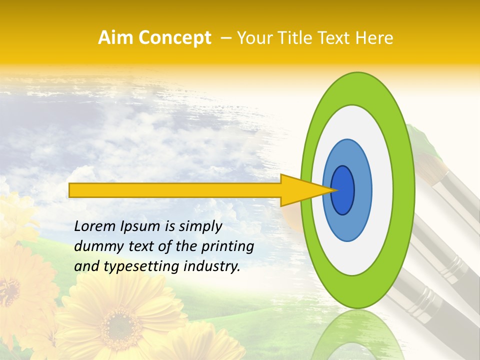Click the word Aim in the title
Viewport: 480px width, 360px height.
116,38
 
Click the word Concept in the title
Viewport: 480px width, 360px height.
175,38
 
